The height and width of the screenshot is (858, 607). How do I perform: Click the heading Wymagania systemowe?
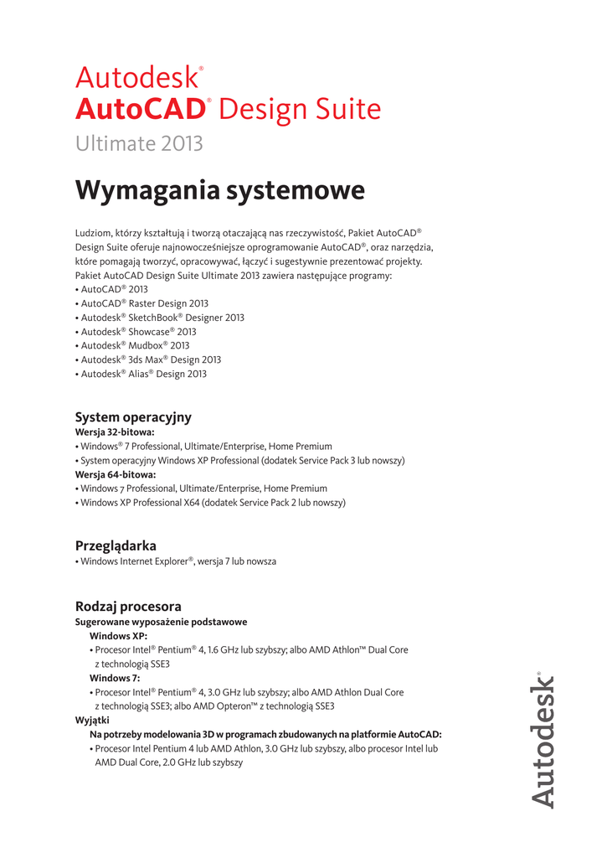tap(219, 190)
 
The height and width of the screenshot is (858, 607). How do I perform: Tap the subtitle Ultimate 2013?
tap(139, 143)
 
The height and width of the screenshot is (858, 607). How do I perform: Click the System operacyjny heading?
tap(133, 416)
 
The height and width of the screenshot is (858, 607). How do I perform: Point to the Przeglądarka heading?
tap(116, 545)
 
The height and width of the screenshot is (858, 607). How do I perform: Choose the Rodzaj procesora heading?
tap(128, 606)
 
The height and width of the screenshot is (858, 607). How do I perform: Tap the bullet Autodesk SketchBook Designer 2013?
tap(160, 318)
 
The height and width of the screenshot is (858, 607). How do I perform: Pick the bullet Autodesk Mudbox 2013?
tap(132, 345)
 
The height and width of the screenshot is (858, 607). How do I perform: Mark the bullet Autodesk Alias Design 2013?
tap(141, 374)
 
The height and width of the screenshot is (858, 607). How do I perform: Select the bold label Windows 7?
tap(115, 678)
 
